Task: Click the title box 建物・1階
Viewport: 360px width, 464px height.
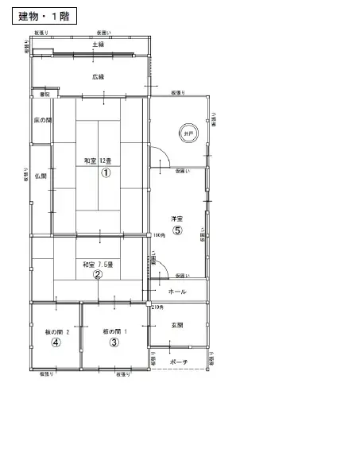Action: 44,17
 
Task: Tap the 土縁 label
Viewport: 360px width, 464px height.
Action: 98,45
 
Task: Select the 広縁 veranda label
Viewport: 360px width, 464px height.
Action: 98,76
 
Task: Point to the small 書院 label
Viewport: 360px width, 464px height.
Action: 45,95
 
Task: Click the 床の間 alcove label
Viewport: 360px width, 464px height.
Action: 42,120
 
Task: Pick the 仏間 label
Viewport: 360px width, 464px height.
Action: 41,176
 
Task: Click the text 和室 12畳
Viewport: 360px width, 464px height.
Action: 100,160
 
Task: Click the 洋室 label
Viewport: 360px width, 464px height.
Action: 177,218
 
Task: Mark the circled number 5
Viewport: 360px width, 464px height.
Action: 178,230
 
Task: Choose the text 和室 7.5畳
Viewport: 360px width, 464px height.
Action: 98,264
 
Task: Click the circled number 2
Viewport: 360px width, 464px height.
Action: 98,275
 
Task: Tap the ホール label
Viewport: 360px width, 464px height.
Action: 178,292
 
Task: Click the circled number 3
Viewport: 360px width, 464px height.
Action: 114,342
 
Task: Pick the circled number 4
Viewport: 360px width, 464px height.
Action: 56,342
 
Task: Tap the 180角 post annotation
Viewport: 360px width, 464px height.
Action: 159,235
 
